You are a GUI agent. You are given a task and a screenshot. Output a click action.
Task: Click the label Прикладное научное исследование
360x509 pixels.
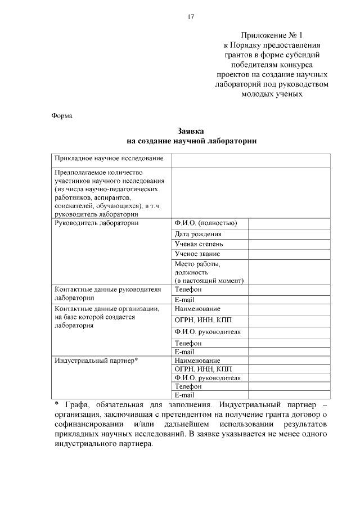(x=109, y=159)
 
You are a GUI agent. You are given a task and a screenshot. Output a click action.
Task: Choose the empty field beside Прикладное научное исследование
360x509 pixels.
(x=251, y=159)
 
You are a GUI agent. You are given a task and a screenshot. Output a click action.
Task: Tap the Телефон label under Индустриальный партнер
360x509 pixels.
(x=188, y=387)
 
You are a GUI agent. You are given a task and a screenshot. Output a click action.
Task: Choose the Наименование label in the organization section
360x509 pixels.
(x=197, y=309)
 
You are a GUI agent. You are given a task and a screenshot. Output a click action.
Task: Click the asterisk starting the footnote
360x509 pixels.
(x=56, y=404)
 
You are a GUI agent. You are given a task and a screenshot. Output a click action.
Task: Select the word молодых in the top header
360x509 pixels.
(x=257, y=94)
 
